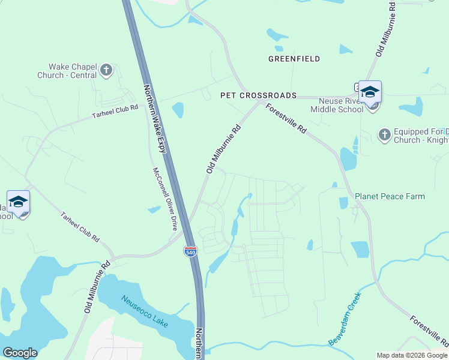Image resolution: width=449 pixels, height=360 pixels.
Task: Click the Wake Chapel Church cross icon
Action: click(x=106, y=70)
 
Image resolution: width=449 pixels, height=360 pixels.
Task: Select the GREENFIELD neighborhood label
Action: click(x=294, y=59)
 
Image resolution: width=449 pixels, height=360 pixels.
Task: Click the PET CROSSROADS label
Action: click(x=258, y=95)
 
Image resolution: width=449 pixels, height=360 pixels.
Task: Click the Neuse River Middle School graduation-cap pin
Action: click(x=370, y=92)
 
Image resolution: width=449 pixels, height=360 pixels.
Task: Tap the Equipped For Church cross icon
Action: click(x=384, y=135)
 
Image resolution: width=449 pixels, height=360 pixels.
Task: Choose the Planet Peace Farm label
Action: click(x=390, y=196)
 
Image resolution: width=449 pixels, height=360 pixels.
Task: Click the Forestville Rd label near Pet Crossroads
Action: click(x=286, y=119)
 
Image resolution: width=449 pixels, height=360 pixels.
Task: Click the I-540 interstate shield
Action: click(x=190, y=251)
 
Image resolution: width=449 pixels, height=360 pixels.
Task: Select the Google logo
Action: click(x=20, y=353)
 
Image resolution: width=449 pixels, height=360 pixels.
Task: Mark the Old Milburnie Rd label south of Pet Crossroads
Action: click(x=223, y=149)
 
